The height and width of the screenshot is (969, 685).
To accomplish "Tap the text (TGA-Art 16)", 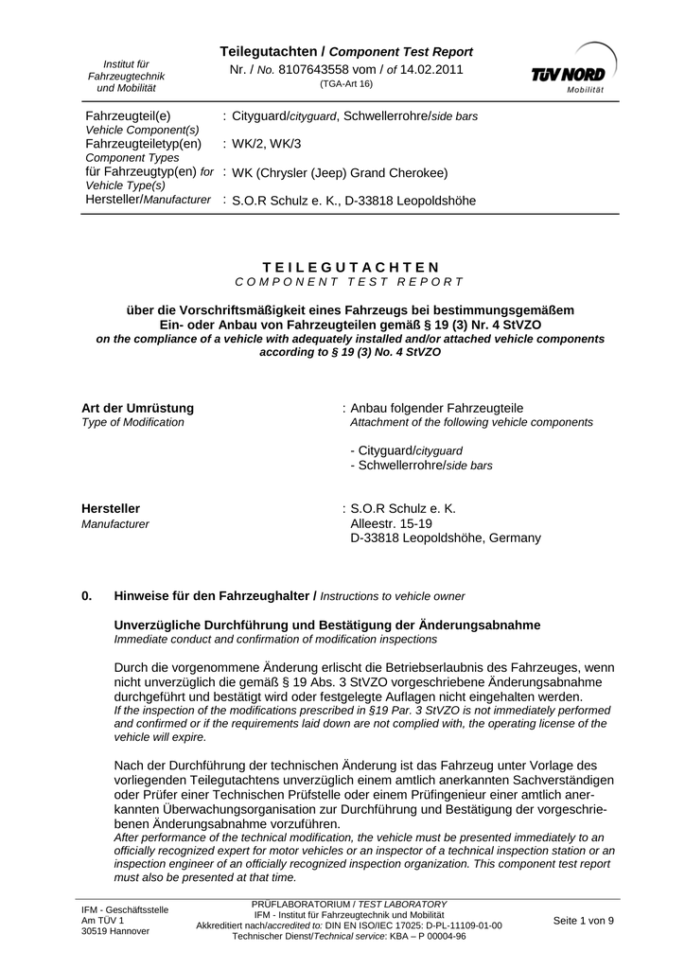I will pos(346,83).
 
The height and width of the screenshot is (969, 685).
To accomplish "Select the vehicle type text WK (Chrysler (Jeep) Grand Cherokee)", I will pos(340,173).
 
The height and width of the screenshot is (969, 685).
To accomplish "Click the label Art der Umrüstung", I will pos(138,408).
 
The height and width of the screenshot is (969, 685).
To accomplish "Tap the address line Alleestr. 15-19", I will pos(391,523).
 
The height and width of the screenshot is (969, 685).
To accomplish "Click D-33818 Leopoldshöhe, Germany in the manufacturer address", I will pos(446,538).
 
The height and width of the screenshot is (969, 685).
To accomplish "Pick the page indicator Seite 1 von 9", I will pos(583,921).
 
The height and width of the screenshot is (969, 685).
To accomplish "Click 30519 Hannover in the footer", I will pos(115,931).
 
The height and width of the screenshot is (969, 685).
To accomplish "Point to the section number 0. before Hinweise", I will pos(88,596).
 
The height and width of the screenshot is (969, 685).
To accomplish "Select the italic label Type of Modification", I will pos(133,422).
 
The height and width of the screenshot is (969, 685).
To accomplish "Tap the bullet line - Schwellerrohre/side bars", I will pos(421,466).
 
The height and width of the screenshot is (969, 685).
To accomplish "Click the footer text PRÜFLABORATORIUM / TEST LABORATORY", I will pos(349,905).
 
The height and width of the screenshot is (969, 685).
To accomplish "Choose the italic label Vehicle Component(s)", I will pos(142,129).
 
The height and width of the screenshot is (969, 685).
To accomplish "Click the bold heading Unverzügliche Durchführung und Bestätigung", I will pos(327,625).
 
